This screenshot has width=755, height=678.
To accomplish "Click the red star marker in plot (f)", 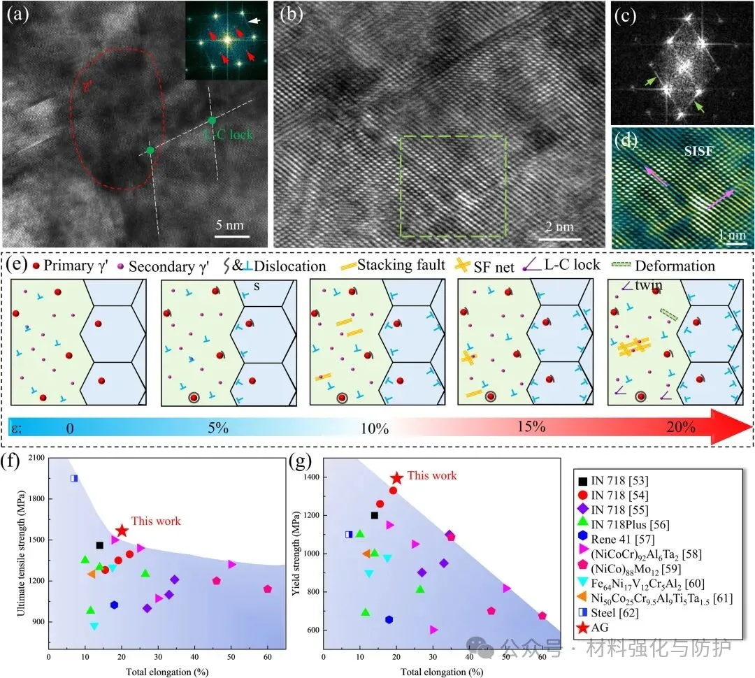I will click(122, 531).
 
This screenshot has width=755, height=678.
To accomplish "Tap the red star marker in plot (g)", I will click(396, 478).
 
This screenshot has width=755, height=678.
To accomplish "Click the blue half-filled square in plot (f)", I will click(74, 478).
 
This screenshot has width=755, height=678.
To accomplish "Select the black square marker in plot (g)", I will click(375, 515).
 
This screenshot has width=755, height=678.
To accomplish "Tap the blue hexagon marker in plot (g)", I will click(389, 619).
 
